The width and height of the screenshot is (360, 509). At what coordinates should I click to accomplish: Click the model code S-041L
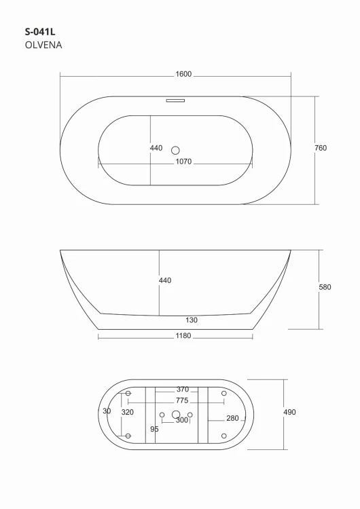click(40, 32)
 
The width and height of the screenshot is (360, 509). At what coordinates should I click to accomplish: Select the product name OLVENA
click(43, 45)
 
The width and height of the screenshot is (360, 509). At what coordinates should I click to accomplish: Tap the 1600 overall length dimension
click(183, 74)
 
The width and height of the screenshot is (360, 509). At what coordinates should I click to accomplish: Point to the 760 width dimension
click(321, 148)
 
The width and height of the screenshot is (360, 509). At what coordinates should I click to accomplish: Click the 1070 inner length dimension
click(183, 162)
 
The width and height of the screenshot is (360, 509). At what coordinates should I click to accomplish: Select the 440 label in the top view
click(156, 148)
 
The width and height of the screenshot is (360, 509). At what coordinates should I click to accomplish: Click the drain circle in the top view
click(175, 150)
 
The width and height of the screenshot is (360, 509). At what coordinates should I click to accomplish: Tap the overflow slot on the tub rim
click(175, 100)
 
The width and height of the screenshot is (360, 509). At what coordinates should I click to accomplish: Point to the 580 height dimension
click(325, 287)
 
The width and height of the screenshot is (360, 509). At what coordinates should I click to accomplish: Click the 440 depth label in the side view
click(165, 280)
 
